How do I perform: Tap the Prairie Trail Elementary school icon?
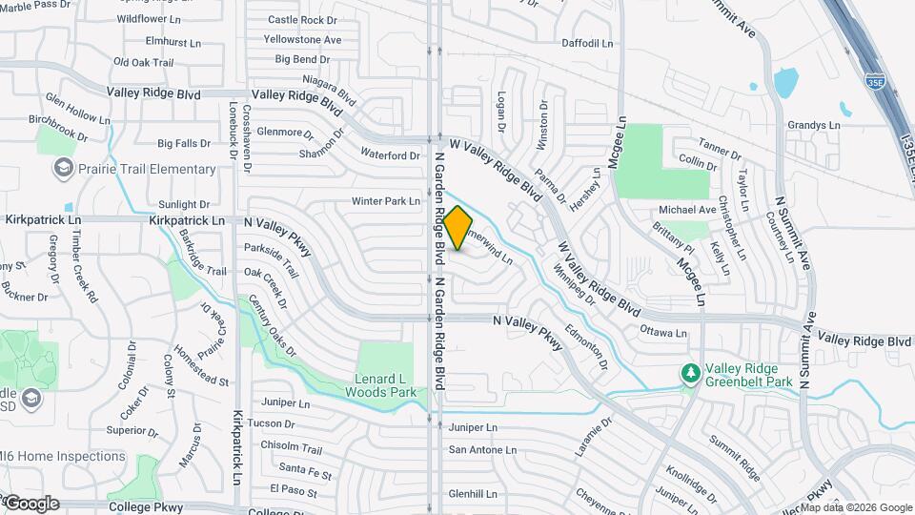tap(64, 170)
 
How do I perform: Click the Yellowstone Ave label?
tap(304, 40)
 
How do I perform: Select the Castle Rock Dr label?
tap(302, 19)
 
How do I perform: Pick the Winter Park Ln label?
tap(386, 201)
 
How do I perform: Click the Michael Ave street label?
tap(687, 210)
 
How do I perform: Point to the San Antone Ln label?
tap(482, 450)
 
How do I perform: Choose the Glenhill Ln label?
tap(474, 494)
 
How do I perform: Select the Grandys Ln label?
tap(814, 125)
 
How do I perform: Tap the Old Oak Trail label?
tap(143, 62)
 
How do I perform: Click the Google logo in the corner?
tap(32, 503)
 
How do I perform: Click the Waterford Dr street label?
tap(391, 154)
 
